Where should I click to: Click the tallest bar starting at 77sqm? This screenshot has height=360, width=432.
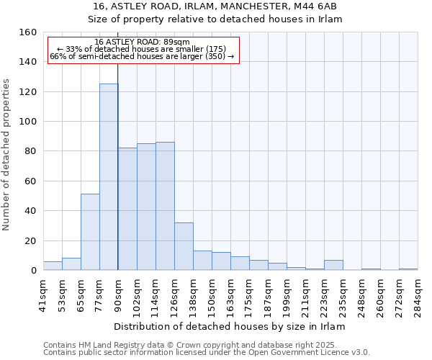coord(109,177)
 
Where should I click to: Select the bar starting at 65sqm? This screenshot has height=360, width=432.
coord(90,232)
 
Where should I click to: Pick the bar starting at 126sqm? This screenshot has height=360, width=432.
coord(184,246)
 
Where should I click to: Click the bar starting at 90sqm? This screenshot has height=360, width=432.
coord(127,209)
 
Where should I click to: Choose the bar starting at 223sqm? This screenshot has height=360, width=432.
coord(333,265)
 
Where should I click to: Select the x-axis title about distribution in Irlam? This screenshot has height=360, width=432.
coord(230,326)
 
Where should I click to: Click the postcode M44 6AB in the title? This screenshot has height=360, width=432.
coord(316,6)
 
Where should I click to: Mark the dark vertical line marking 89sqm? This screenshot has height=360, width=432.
coord(117,166)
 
